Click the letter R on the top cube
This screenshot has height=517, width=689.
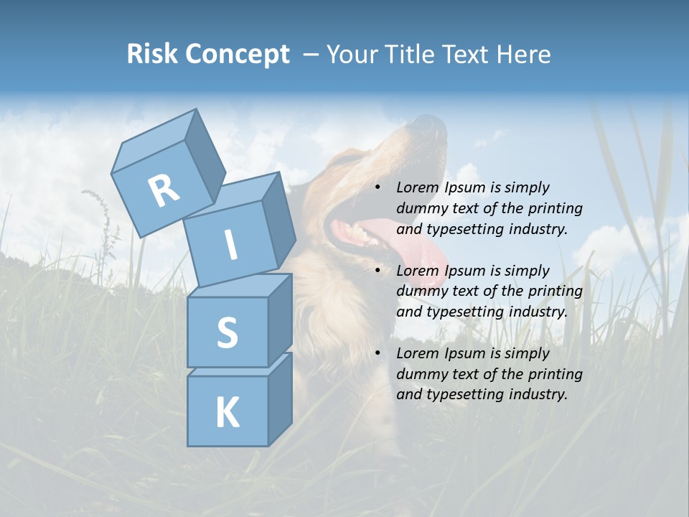point(164,190)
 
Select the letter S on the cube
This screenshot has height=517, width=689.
point(227,332)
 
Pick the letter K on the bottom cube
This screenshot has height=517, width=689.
point(227,412)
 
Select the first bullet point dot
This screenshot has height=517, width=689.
point(378,187)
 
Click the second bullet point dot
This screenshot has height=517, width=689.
point(378,271)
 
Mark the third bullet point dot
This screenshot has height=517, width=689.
point(378,353)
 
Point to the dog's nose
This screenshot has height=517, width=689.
point(431,126)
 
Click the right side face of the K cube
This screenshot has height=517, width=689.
point(280,399)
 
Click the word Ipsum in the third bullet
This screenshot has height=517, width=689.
point(465,353)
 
